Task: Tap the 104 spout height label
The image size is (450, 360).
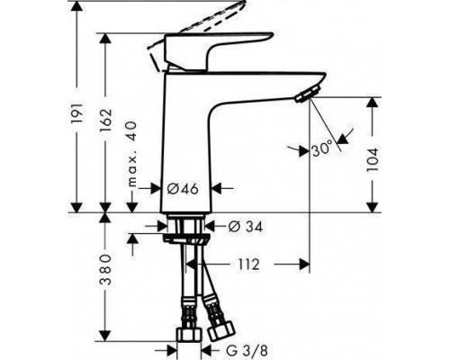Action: pos(373,159)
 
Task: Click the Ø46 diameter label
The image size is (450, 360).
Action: pos(182,189)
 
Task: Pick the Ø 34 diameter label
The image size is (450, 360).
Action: pos(245,227)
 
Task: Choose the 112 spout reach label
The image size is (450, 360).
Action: pos(248,265)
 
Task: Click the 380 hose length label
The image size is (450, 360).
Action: pos(105,270)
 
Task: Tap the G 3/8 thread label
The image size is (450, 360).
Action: pos(247,350)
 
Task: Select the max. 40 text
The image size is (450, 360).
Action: pos(132,155)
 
